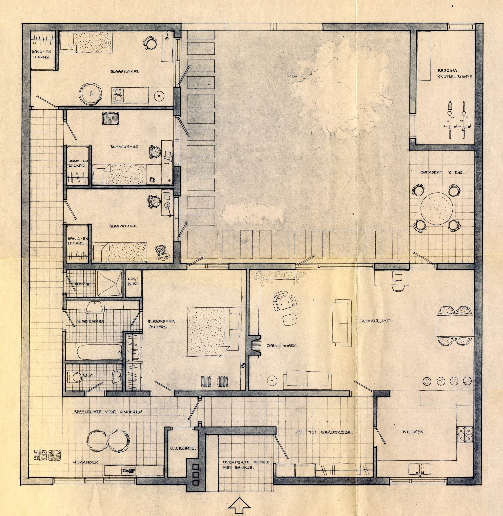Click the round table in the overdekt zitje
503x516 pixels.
click(x=437, y=208)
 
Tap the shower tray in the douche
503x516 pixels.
click(x=110, y=283)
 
